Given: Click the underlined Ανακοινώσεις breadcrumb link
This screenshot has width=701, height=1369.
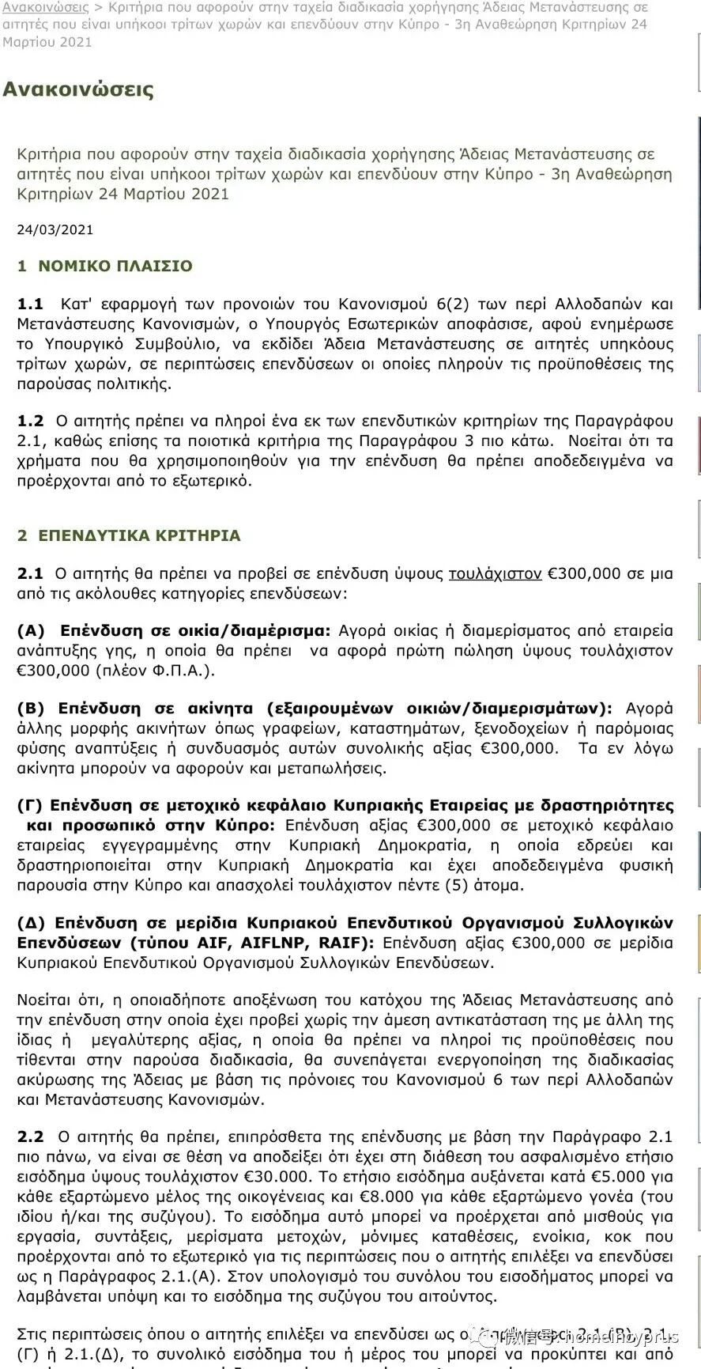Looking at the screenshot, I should [45, 7].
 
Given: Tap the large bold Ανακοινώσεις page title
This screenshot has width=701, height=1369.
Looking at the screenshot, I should [78, 89].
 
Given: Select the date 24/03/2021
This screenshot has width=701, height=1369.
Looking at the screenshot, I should [55, 230].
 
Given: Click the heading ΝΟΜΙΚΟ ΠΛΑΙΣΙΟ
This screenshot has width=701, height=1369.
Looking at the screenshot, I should [115, 267].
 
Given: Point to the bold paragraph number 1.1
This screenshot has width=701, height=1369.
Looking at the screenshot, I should [30, 304].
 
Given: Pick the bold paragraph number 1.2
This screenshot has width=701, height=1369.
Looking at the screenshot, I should [30, 422].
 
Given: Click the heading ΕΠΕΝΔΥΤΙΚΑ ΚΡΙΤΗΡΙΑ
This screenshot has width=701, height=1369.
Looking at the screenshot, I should [139, 536].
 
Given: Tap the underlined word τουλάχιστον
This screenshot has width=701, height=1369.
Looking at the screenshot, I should [495, 574].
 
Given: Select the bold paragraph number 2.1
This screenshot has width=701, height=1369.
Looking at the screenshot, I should [30, 574].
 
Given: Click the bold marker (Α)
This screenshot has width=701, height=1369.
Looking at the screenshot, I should [31, 631].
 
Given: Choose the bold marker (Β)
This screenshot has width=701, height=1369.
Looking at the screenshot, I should [31, 709].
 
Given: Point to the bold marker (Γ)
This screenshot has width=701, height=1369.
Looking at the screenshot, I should [29, 806].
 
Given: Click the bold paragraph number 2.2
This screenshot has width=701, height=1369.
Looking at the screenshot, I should [30, 1137].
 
